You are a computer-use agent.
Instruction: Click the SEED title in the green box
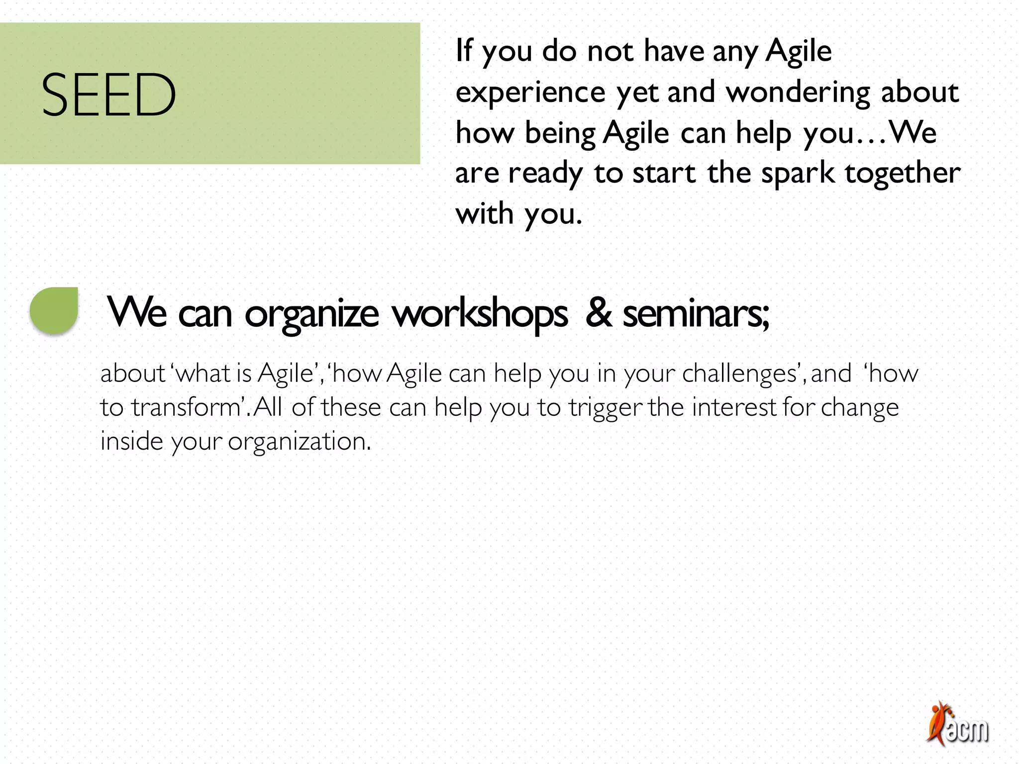(x=108, y=95)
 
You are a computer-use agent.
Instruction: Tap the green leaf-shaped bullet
(x=54, y=310)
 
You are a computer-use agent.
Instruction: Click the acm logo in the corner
(x=958, y=724)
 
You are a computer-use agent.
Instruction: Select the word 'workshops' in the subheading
(x=480, y=314)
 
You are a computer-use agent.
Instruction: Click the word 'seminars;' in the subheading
(x=697, y=314)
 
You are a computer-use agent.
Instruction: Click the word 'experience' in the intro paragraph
(x=530, y=93)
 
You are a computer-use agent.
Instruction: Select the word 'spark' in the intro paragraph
(x=798, y=174)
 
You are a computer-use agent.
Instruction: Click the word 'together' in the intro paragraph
(x=903, y=174)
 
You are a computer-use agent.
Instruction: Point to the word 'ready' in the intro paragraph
(x=545, y=174)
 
